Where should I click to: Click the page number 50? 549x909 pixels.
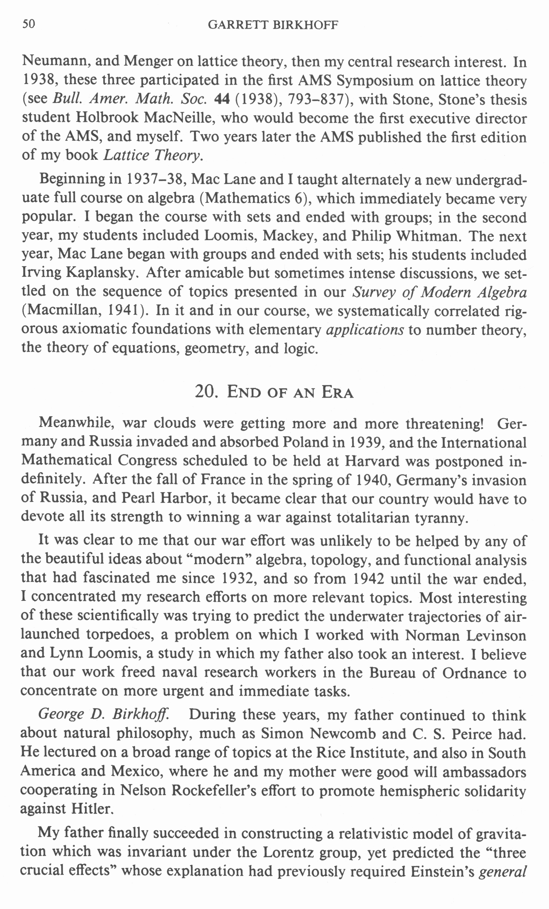29,24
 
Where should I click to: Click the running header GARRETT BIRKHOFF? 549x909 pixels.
273,25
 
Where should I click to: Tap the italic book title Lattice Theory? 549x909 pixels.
152,155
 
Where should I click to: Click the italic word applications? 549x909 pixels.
365,329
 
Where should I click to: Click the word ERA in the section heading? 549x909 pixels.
337,392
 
